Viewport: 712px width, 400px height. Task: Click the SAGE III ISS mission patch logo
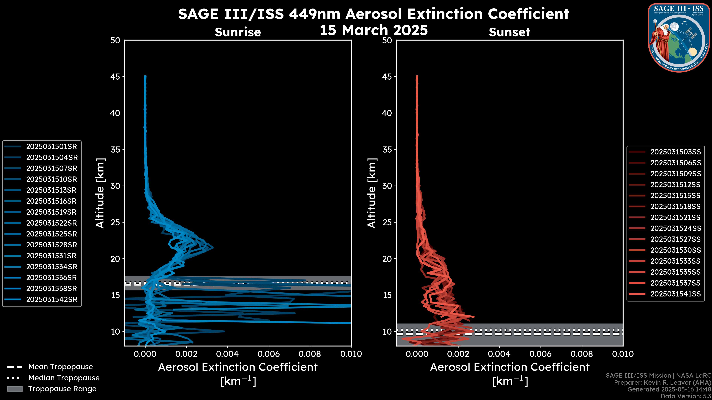pyautogui.click(x=679, y=38)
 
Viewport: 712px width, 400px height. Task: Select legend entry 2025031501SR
pyautogui.click(x=51, y=146)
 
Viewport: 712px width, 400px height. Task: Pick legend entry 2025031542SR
pyautogui.click(x=51, y=299)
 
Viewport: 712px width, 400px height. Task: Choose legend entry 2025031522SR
pyautogui.click(x=51, y=223)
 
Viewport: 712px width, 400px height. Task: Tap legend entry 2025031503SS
pyautogui.click(x=675, y=152)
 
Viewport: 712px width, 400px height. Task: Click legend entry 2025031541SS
pyautogui.click(x=675, y=294)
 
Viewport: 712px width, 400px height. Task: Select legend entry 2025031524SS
pyautogui.click(x=675, y=228)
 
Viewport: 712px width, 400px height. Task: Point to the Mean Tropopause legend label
pyautogui.click(x=60, y=367)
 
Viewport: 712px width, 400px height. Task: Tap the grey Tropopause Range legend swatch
pyautogui.click(x=15, y=389)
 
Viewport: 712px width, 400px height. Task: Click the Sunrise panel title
pyautogui.click(x=238, y=32)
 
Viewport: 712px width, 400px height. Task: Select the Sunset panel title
pyautogui.click(x=509, y=32)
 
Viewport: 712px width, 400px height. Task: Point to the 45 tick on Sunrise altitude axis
pyautogui.click(x=115, y=76)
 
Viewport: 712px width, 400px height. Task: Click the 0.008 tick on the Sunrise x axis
pyautogui.click(x=310, y=354)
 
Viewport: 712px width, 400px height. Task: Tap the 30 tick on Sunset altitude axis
pyautogui.click(x=387, y=186)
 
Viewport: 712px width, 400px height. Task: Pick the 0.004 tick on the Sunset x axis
pyautogui.click(x=500, y=354)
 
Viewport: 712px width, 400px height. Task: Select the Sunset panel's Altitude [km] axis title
pyautogui.click(x=372, y=193)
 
